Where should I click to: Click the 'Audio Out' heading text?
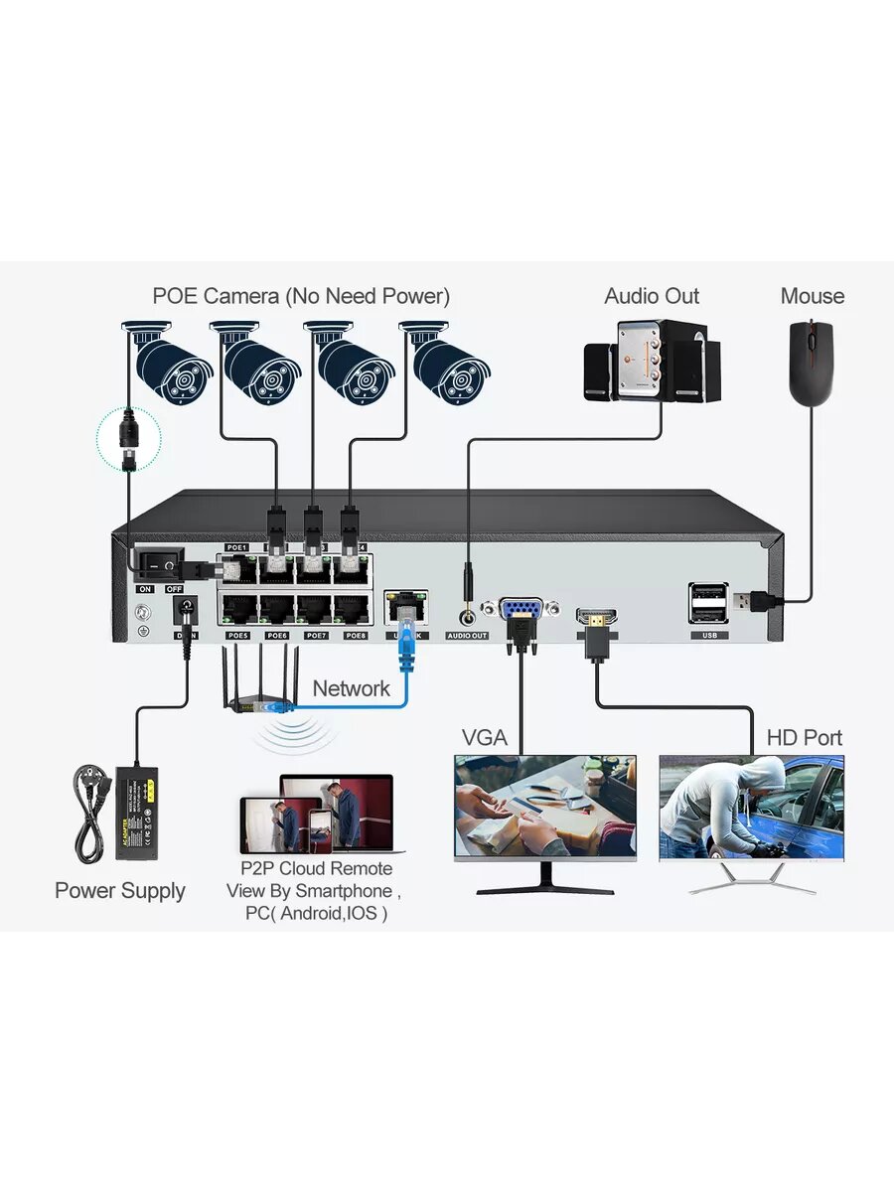click(652, 296)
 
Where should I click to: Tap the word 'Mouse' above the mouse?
click(812, 296)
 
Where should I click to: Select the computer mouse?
click(811, 364)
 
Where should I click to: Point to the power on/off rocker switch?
click(160, 565)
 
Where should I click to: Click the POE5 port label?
click(238, 635)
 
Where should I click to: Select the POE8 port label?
click(356, 635)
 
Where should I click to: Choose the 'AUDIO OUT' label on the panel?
click(467, 635)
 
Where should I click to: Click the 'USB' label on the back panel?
click(707, 635)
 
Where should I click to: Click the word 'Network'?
click(351, 688)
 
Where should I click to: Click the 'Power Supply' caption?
click(120, 890)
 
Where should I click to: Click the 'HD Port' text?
click(804, 738)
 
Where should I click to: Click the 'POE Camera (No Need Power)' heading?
click(301, 296)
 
